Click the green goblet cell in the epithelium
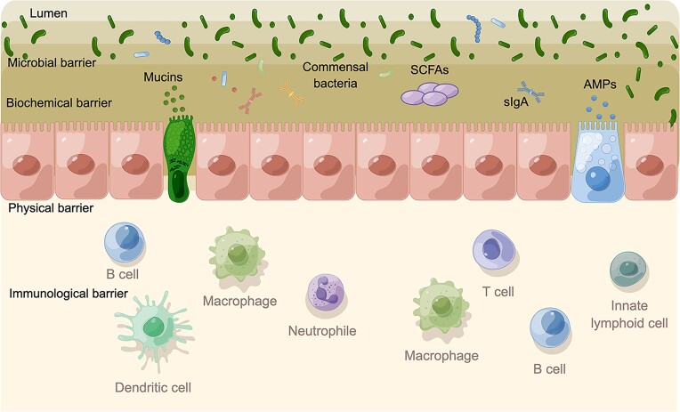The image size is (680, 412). (x=180, y=166)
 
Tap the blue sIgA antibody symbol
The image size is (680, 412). (x=533, y=89)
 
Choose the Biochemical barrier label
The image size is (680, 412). (x=59, y=102)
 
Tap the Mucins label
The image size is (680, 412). (x=163, y=77)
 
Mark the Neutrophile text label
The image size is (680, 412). (x=321, y=331)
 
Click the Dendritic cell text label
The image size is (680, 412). (x=153, y=387)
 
